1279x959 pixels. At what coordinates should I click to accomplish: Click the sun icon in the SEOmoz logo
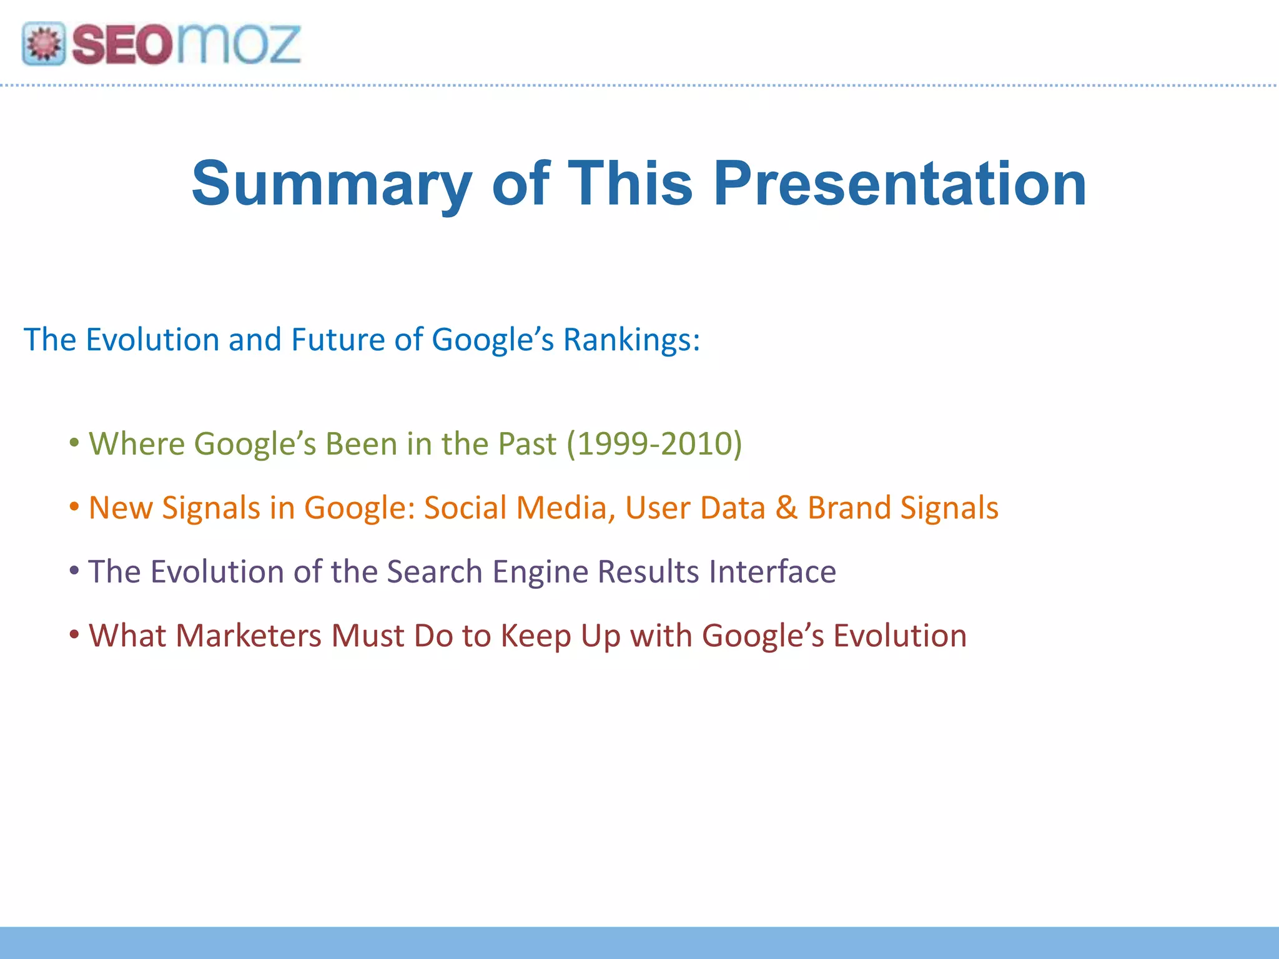[44, 44]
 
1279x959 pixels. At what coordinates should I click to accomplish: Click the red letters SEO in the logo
[121, 45]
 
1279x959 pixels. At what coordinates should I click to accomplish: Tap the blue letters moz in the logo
[238, 45]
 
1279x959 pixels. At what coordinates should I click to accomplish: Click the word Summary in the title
[331, 184]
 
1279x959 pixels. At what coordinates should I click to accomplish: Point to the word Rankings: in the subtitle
[631, 340]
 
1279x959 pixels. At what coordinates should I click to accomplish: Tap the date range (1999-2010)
[654, 444]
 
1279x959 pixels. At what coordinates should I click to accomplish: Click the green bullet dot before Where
[74, 443]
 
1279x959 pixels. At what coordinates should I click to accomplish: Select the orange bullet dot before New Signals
[74, 506]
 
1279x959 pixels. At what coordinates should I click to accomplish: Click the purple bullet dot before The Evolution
[74, 571]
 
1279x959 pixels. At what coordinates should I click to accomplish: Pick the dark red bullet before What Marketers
[74, 635]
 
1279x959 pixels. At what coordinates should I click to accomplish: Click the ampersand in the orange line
[786, 508]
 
